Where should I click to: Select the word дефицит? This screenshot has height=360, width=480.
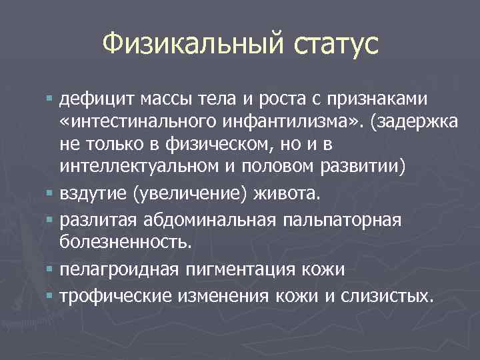point(96,100)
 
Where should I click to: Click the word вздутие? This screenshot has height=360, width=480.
point(93,194)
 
